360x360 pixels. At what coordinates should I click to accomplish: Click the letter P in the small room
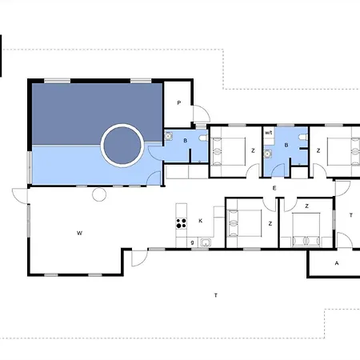click(x=179, y=102)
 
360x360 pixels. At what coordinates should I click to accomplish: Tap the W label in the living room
click(x=79, y=233)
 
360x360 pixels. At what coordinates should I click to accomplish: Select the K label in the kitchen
click(x=201, y=221)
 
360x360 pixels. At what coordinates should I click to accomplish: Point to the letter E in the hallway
click(x=274, y=188)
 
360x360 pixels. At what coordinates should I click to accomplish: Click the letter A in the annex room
click(x=337, y=263)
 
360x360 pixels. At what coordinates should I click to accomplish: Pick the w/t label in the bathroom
click(x=269, y=133)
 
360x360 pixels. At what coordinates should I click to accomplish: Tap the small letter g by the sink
click(x=192, y=242)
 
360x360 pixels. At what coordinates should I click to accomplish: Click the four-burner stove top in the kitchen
click(x=182, y=223)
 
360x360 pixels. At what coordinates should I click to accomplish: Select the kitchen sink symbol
click(x=206, y=242)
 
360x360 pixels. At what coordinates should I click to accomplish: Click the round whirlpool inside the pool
click(x=122, y=146)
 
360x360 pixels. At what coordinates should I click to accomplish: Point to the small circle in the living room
click(x=99, y=194)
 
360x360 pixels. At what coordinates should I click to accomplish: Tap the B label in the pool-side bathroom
click(x=186, y=141)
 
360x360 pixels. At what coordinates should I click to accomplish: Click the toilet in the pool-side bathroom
click(x=204, y=138)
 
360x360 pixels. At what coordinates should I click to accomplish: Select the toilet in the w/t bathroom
click(x=303, y=137)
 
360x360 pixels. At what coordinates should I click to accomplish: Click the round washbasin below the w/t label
click(x=267, y=154)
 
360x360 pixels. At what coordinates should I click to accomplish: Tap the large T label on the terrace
click(x=216, y=295)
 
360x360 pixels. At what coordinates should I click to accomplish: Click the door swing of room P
click(x=202, y=114)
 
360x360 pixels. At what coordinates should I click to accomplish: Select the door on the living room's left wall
click(x=20, y=196)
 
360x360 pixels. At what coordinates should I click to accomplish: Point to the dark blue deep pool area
click(x=97, y=114)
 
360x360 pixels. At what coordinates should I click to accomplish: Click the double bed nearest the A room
click(x=306, y=230)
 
